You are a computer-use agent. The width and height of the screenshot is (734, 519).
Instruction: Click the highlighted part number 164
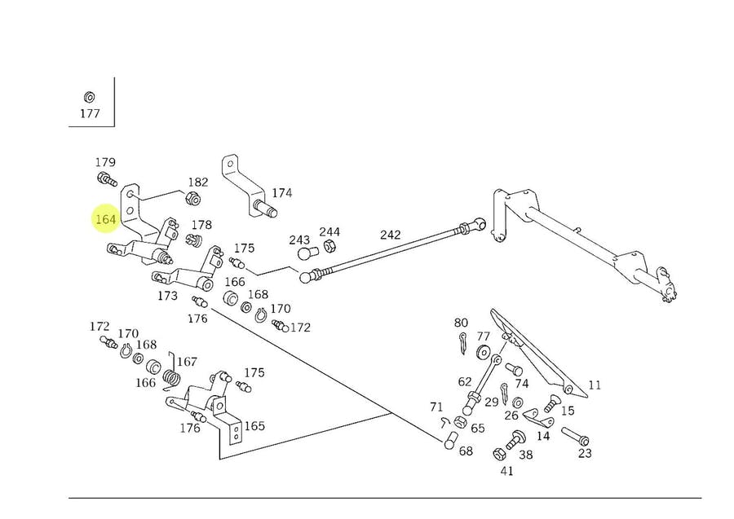click(x=106, y=219)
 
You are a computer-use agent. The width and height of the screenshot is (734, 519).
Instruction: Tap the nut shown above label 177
click(x=89, y=95)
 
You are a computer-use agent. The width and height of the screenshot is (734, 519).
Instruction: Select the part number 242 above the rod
click(x=390, y=235)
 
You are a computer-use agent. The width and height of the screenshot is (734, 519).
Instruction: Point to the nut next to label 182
click(x=192, y=198)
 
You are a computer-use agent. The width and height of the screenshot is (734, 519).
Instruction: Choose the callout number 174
click(x=282, y=193)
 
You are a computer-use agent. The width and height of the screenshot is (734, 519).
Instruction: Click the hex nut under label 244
click(x=330, y=246)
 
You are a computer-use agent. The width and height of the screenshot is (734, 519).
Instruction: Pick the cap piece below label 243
click(x=306, y=254)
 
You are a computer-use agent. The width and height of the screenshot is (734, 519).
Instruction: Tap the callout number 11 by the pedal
click(x=594, y=385)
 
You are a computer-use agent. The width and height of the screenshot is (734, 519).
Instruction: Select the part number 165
click(x=254, y=425)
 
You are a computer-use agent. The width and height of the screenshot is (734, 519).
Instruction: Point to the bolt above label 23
click(x=574, y=435)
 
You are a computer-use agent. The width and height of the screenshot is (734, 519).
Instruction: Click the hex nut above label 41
click(x=499, y=453)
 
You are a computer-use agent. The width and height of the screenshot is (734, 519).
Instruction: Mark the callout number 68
click(x=465, y=451)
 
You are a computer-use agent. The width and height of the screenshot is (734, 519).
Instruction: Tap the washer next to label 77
click(x=482, y=352)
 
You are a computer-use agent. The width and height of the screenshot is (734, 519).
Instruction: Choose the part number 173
click(x=168, y=297)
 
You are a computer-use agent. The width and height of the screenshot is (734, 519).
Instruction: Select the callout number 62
click(x=465, y=380)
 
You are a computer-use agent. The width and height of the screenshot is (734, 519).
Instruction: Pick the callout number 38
click(x=525, y=455)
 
